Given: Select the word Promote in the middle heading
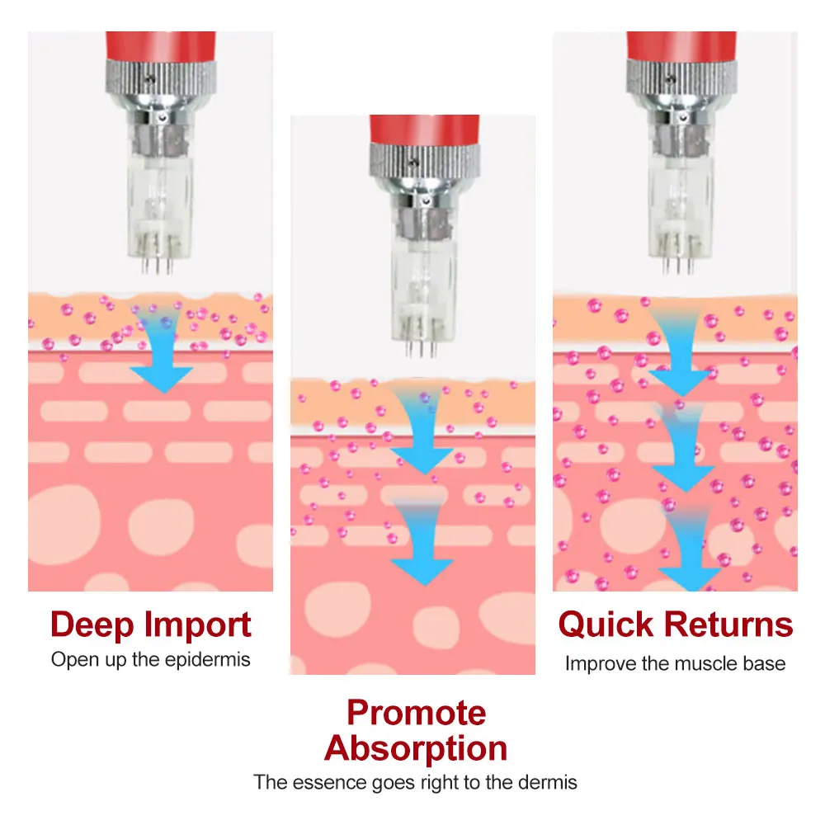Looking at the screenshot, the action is (416, 712).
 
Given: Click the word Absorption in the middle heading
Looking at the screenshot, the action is (416, 748).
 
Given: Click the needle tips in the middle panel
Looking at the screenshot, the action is (421, 348).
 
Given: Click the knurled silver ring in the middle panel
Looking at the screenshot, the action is (422, 162).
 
